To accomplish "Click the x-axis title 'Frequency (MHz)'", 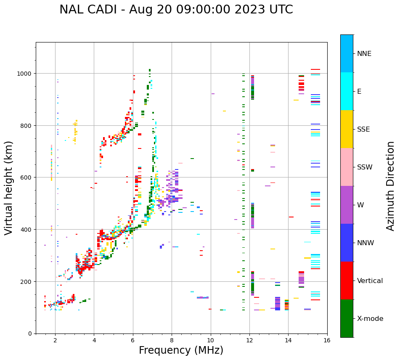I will (181, 350).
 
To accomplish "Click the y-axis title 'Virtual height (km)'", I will (9, 188).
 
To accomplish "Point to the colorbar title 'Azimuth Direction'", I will (391, 186).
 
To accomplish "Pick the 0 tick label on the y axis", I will (30, 334).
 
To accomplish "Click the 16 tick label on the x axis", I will (327, 341).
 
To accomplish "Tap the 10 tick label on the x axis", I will (210, 341).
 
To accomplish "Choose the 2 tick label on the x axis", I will (55, 341).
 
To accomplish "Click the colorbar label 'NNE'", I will (364, 54).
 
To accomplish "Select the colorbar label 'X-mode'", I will (370, 319).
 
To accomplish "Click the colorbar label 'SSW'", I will (365, 167).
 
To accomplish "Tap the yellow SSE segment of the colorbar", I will (347, 129).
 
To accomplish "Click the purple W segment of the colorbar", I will (347, 205).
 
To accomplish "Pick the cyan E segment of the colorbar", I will (347, 91).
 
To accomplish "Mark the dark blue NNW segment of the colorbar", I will (347, 243).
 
